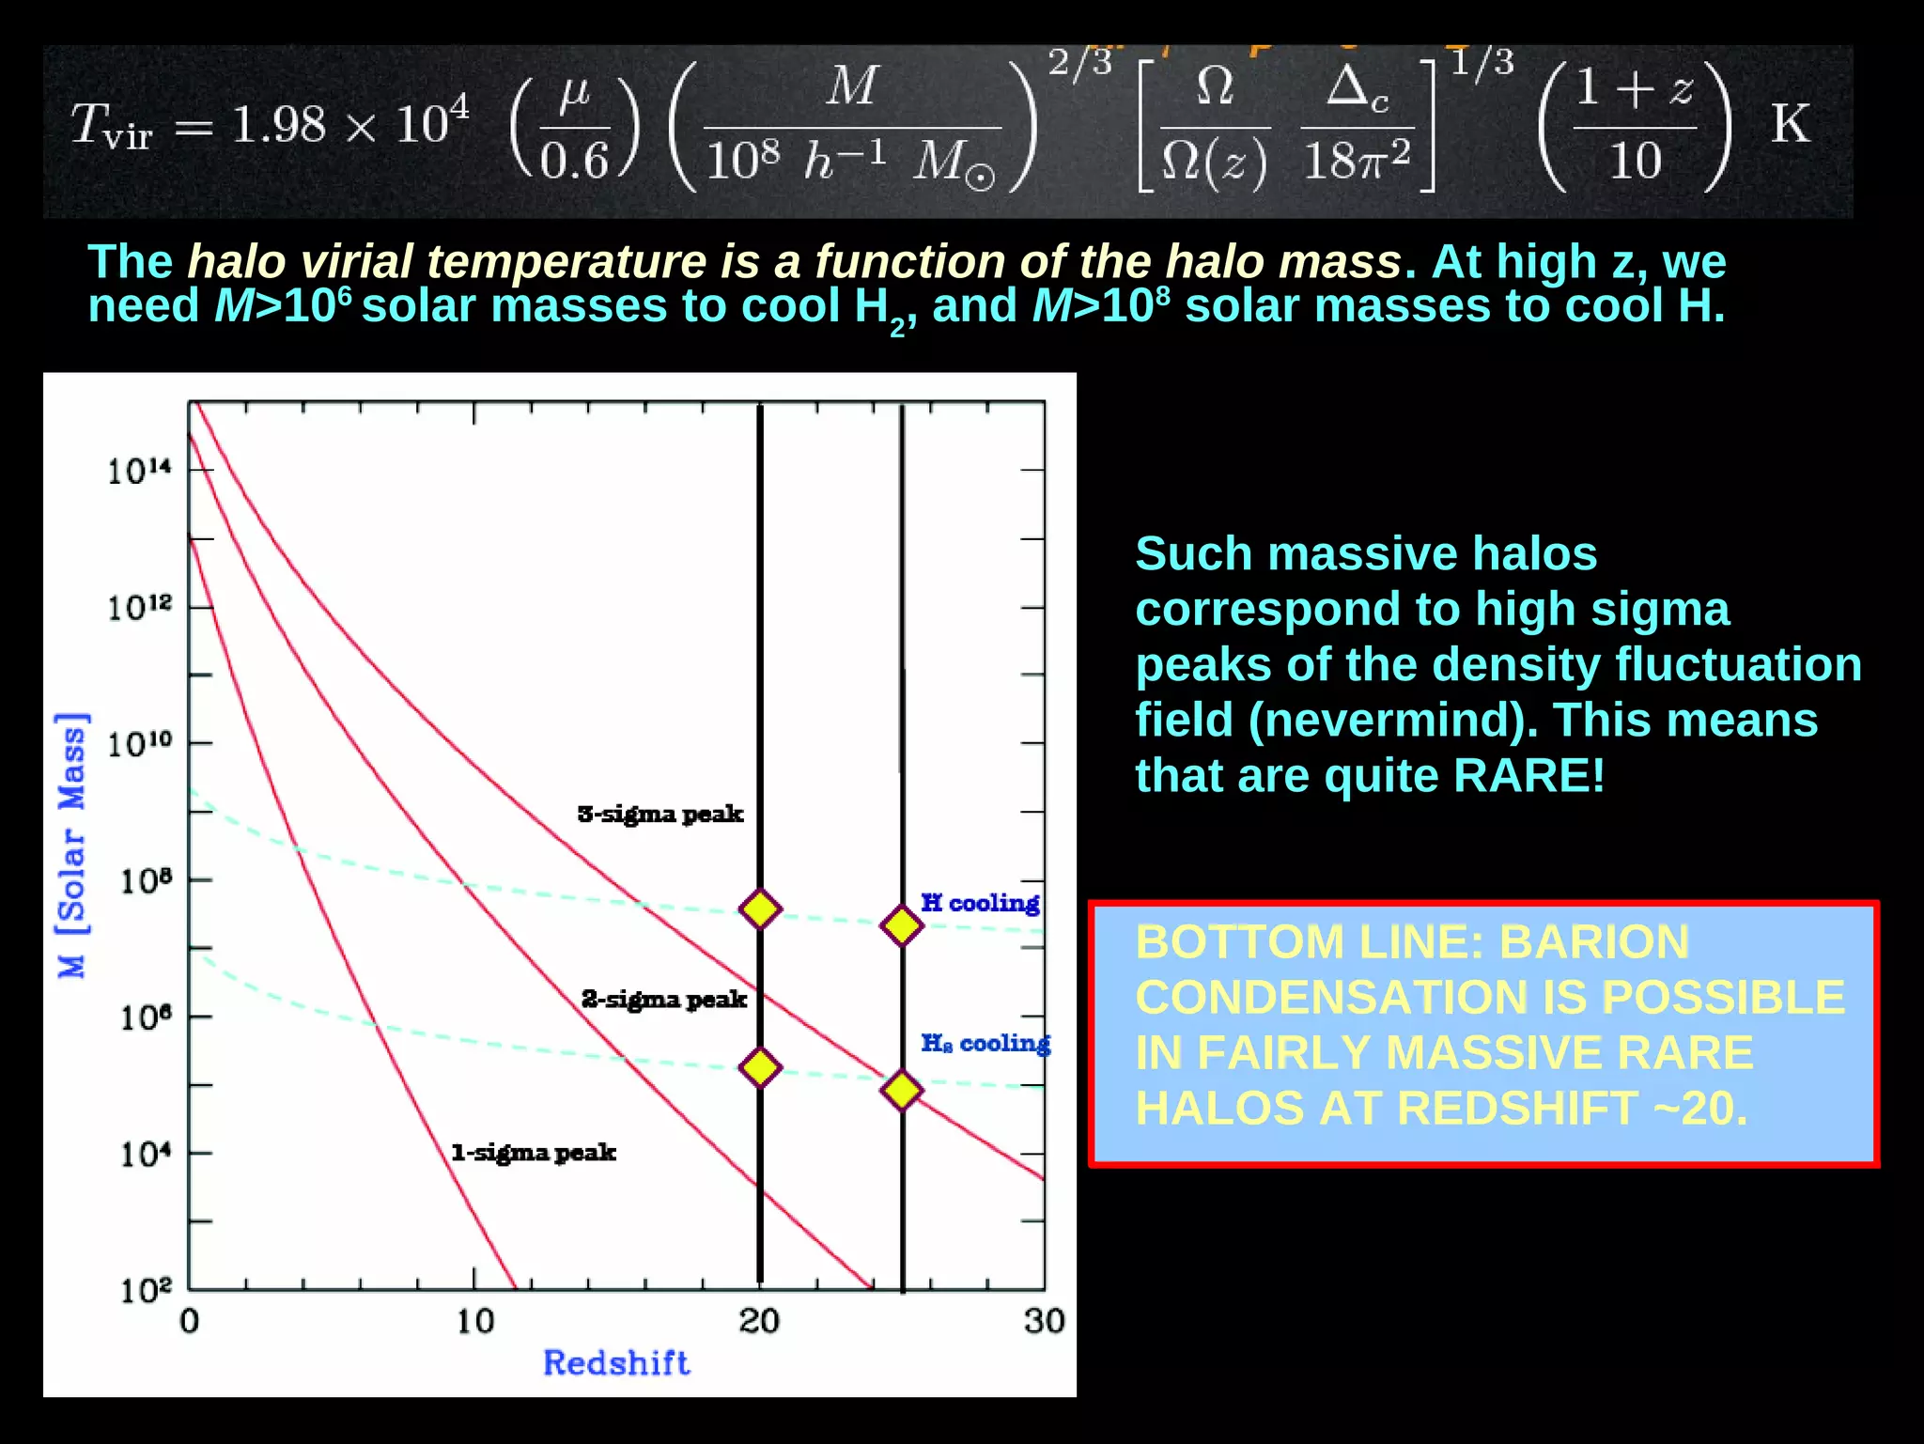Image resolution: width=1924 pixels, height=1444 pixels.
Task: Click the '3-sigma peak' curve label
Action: coord(659,814)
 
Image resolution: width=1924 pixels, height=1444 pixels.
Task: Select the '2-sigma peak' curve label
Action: coord(663,999)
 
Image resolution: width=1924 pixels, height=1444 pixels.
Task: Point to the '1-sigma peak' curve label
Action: coord(533,1152)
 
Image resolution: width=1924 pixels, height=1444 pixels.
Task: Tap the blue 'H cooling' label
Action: coord(980,903)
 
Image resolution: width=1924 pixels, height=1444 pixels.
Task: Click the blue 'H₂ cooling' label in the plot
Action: coord(985,1043)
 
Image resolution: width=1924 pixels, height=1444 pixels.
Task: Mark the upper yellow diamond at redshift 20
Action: coord(760,908)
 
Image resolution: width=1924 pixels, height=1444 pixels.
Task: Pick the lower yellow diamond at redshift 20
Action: coord(760,1067)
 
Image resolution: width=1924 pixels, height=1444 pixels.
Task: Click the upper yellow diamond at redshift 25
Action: coord(902,925)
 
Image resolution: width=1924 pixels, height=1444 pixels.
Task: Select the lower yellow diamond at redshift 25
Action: coord(902,1090)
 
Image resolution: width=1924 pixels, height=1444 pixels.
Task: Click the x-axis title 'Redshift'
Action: coord(616,1362)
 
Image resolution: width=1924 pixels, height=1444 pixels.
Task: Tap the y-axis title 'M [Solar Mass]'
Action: coord(71,846)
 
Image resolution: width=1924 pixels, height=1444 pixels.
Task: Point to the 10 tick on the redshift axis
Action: coord(475,1321)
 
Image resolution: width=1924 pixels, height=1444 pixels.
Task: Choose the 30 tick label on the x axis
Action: coord(1044,1321)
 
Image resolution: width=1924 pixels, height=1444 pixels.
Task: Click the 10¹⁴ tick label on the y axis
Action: coord(139,470)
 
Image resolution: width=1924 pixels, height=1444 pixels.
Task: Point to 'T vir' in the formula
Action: coord(111,126)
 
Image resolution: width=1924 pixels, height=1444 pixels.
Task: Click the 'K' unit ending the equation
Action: coord(1790,124)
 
